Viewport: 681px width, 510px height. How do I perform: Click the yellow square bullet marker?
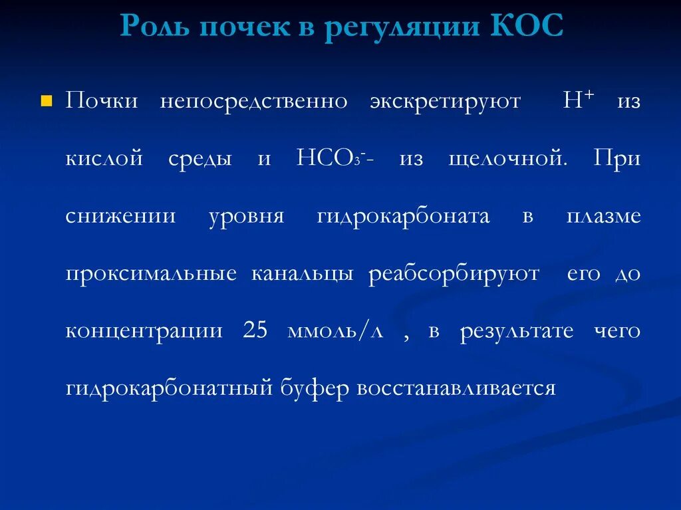pyautogui.click(x=46, y=102)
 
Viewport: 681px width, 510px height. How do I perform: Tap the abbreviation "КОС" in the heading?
pyautogui.click(x=528, y=28)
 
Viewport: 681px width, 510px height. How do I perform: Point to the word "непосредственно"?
pyautogui.click(x=253, y=102)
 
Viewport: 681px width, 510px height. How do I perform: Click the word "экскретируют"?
pyautogui.click(x=445, y=102)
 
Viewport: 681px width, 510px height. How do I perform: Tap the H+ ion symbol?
pyautogui.click(x=578, y=100)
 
